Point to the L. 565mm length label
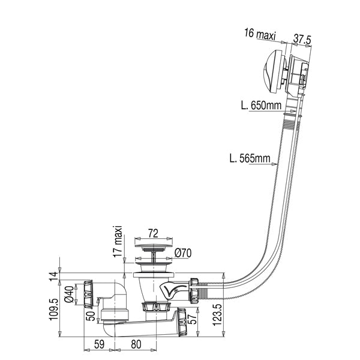tap(249, 159)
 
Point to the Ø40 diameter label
tap(70, 295)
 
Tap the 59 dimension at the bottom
tap(101, 346)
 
